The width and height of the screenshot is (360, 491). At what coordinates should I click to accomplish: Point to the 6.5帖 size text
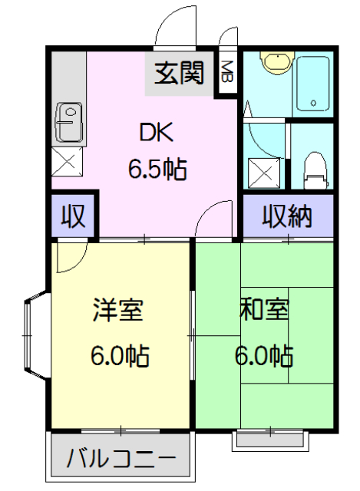tap(157, 168)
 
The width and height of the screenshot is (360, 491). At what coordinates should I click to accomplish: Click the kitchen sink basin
tap(68, 121)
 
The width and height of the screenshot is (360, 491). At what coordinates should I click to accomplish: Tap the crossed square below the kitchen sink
tap(67, 163)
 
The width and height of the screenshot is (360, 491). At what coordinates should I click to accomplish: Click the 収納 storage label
tap(288, 217)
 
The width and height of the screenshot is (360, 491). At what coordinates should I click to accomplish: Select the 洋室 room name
tap(118, 311)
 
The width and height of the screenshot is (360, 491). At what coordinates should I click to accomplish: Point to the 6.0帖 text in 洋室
tap(119, 356)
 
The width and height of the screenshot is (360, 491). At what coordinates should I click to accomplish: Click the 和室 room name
tap(264, 311)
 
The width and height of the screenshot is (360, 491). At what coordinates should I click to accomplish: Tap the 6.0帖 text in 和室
tap(263, 356)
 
